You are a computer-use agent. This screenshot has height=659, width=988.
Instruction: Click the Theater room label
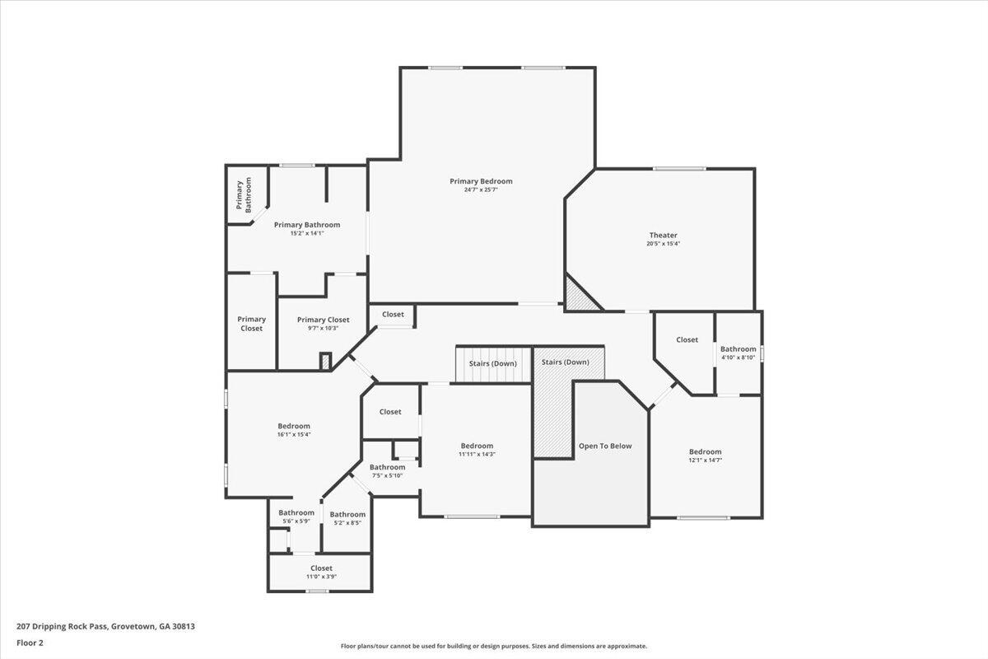663,236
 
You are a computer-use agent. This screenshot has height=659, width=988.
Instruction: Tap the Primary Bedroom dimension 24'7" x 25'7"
481,189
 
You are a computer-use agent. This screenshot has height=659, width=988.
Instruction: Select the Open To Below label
605,446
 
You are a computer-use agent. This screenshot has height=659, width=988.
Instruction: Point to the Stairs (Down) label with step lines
493,364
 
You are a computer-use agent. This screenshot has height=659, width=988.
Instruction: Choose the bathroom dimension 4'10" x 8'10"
738,358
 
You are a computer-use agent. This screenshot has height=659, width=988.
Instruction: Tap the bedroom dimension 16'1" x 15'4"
294,434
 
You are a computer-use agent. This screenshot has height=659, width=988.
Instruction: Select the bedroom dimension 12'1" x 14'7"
705,460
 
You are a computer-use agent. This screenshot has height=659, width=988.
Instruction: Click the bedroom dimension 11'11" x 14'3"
477,454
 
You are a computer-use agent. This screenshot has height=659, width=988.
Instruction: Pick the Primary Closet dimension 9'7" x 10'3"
323,328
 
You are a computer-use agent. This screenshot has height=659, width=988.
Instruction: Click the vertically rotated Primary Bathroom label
244,195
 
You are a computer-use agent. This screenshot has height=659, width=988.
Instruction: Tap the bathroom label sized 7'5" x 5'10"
387,467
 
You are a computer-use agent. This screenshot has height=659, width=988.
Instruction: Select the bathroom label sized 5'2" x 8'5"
347,515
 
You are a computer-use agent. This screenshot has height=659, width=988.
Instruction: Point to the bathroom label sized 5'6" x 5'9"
296,513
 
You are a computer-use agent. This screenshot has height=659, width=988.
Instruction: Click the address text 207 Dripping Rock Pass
105,626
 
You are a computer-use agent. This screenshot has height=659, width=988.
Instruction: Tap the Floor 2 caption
30,643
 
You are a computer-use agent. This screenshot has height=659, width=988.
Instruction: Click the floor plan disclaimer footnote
493,647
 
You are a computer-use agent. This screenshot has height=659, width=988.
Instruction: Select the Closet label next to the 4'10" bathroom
687,339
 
